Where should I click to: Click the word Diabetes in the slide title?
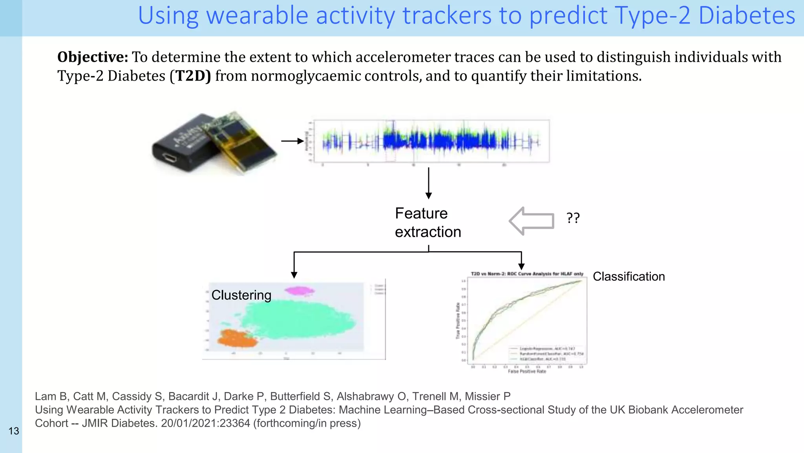coord(747,16)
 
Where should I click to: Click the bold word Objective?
coord(93,57)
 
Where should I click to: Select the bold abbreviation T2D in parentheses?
coord(190,76)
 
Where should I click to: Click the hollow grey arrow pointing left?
coord(532,221)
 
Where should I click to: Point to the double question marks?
coord(573,218)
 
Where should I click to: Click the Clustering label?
coord(241,295)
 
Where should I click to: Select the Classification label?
coord(629,276)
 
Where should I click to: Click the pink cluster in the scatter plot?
coord(300,291)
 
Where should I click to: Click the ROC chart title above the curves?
coord(527,274)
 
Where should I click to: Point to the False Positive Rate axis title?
coord(527,371)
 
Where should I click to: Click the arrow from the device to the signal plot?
coord(292,141)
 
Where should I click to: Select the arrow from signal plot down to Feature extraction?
coord(429,183)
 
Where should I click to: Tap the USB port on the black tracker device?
coord(170,158)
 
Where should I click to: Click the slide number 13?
coord(14,431)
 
